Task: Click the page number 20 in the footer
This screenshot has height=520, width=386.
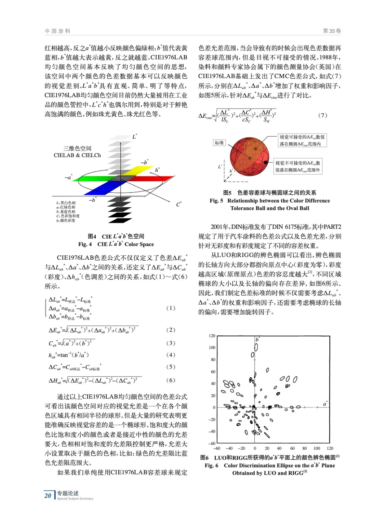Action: pyautogui.click(x=48, y=496)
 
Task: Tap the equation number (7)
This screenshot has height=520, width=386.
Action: pyautogui.click(x=322, y=115)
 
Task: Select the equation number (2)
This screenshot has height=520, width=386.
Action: pyautogui.click(x=171, y=330)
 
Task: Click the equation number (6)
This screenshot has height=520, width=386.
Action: pyautogui.click(x=171, y=380)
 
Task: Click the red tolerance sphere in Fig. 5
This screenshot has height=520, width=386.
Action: pyautogui.click(x=249, y=156)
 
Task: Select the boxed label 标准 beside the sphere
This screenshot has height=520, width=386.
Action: pyautogui.click(x=219, y=143)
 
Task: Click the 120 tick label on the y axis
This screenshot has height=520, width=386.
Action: pyautogui.click(x=212, y=336)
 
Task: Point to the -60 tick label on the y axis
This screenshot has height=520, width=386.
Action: pyautogui.click(x=212, y=443)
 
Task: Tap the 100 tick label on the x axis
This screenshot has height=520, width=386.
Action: pyautogui.click(x=316, y=448)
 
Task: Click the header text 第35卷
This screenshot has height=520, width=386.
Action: pyautogui.click(x=332, y=31)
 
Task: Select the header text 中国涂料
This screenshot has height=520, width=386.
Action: pyautogui.click(x=58, y=31)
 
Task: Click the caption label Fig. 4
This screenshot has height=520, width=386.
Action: pyautogui.click(x=85, y=244)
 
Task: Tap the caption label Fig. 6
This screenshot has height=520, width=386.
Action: pyautogui.click(x=211, y=465)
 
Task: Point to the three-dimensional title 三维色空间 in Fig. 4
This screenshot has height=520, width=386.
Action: pyautogui.click(x=77, y=148)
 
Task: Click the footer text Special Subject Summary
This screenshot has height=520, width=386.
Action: pyautogui.click(x=75, y=499)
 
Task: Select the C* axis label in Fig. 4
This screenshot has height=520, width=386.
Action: pyautogui.click(x=179, y=204)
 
